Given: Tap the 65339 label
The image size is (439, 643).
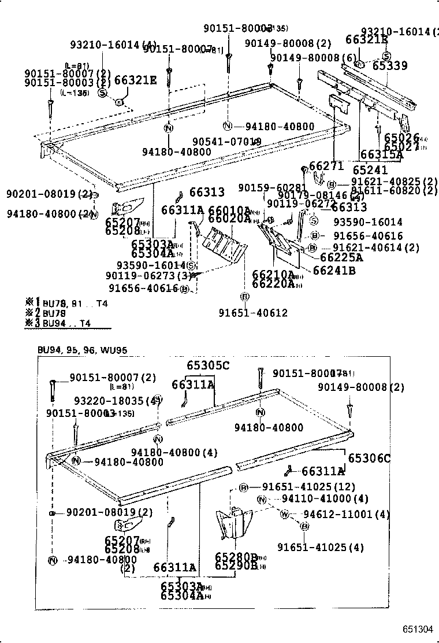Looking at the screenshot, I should point(389,66).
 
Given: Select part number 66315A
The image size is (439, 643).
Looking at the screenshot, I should point(381,154).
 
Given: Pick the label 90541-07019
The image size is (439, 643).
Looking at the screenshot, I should point(226,142).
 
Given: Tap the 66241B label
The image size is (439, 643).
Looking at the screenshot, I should point(334,270).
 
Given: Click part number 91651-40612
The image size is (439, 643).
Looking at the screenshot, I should point(253,313).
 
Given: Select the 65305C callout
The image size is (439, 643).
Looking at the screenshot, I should point(208,365).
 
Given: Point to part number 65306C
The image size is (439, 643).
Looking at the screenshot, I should point(369,459).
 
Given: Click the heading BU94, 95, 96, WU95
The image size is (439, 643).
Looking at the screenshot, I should point(82,350).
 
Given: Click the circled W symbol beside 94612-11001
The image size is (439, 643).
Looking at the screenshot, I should point(284,514).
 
